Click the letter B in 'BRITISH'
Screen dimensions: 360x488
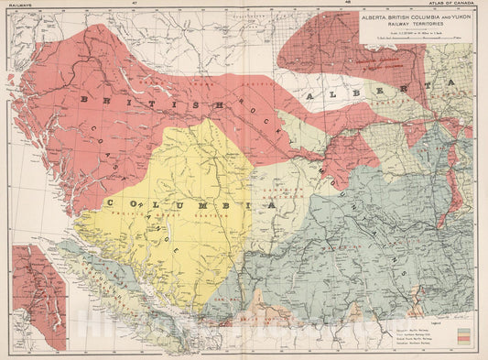tap(84, 99)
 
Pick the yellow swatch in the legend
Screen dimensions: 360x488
tap(471, 336)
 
